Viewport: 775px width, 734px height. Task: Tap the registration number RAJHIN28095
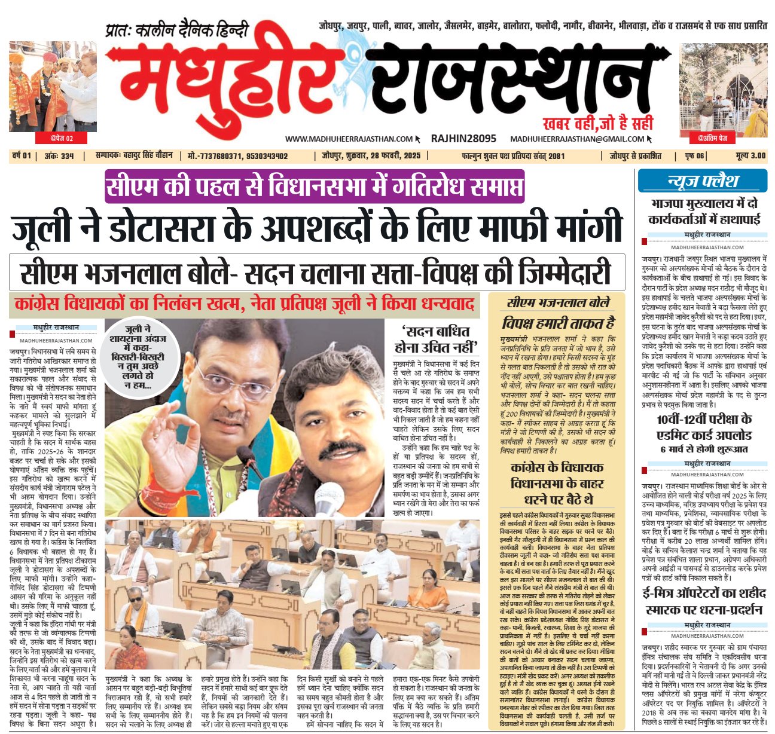click(x=463, y=139)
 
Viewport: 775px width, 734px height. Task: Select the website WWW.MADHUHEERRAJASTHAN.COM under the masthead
click(x=349, y=139)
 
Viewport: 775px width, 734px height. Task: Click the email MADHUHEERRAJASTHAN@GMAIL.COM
click(x=577, y=139)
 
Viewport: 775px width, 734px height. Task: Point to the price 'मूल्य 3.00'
click(x=750, y=156)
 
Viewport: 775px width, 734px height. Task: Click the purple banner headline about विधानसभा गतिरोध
click(x=315, y=186)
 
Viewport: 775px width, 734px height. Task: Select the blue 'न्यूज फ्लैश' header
click(x=702, y=181)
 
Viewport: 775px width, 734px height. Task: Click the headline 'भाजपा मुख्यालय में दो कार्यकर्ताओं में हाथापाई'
click(x=703, y=212)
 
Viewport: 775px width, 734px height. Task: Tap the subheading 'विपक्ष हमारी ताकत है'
click(x=558, y=323)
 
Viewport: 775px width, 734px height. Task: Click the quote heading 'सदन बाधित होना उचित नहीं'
click(x=435, y=338)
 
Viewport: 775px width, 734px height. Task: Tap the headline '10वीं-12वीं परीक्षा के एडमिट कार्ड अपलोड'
click(x=703, y=426)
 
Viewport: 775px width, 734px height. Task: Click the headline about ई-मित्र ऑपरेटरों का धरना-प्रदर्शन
click(x=703, y=601)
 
